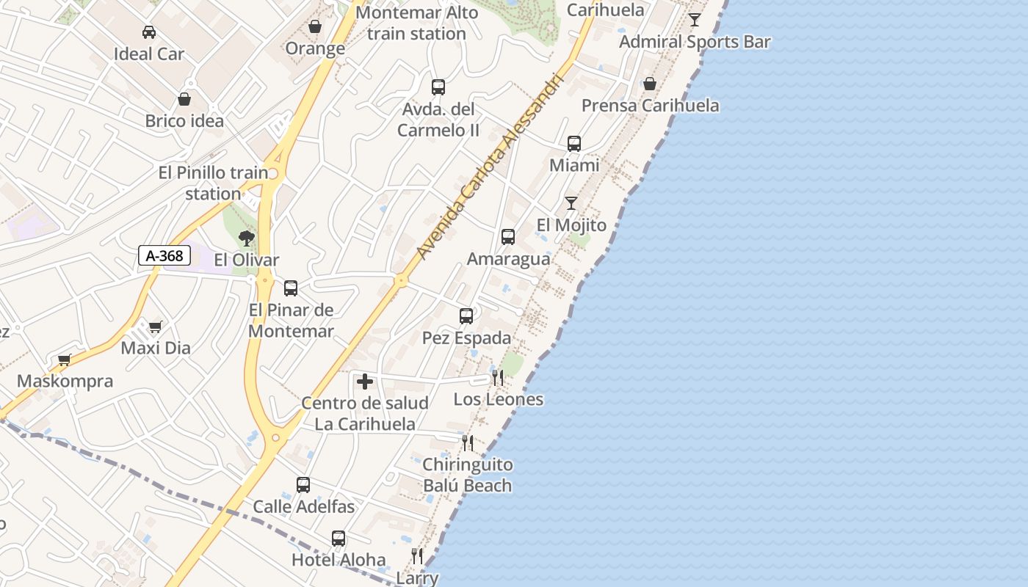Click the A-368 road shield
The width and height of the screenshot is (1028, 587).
pos(164,255)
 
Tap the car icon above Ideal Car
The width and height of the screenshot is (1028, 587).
pos(148,32)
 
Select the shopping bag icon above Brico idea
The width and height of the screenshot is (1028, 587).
pos(184,99)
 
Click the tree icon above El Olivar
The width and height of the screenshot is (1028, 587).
pos(247,238)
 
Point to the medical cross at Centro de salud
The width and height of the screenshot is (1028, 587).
pos(365,382)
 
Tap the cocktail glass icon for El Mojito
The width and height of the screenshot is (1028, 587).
pos(571,203)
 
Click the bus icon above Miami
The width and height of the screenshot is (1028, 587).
pos(574,144)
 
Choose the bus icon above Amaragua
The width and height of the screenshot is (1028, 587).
pos(508,237)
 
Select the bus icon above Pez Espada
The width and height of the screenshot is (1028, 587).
pos(466,316)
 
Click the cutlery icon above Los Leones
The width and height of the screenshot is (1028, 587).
pos(498,378)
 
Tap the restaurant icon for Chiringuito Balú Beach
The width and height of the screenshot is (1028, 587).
pos(467,443)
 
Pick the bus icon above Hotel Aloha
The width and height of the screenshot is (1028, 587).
pos(339,539)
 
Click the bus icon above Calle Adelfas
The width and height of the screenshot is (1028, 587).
pos(303,485)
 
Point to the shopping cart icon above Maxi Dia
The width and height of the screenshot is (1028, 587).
pos(155,327)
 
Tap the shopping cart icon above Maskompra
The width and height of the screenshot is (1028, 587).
pos(65,360)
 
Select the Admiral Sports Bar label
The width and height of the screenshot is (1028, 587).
pos(695,42)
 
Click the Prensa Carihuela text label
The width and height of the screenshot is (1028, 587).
pos(650,106)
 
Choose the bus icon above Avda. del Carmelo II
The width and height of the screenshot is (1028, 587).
pos(438,87)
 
